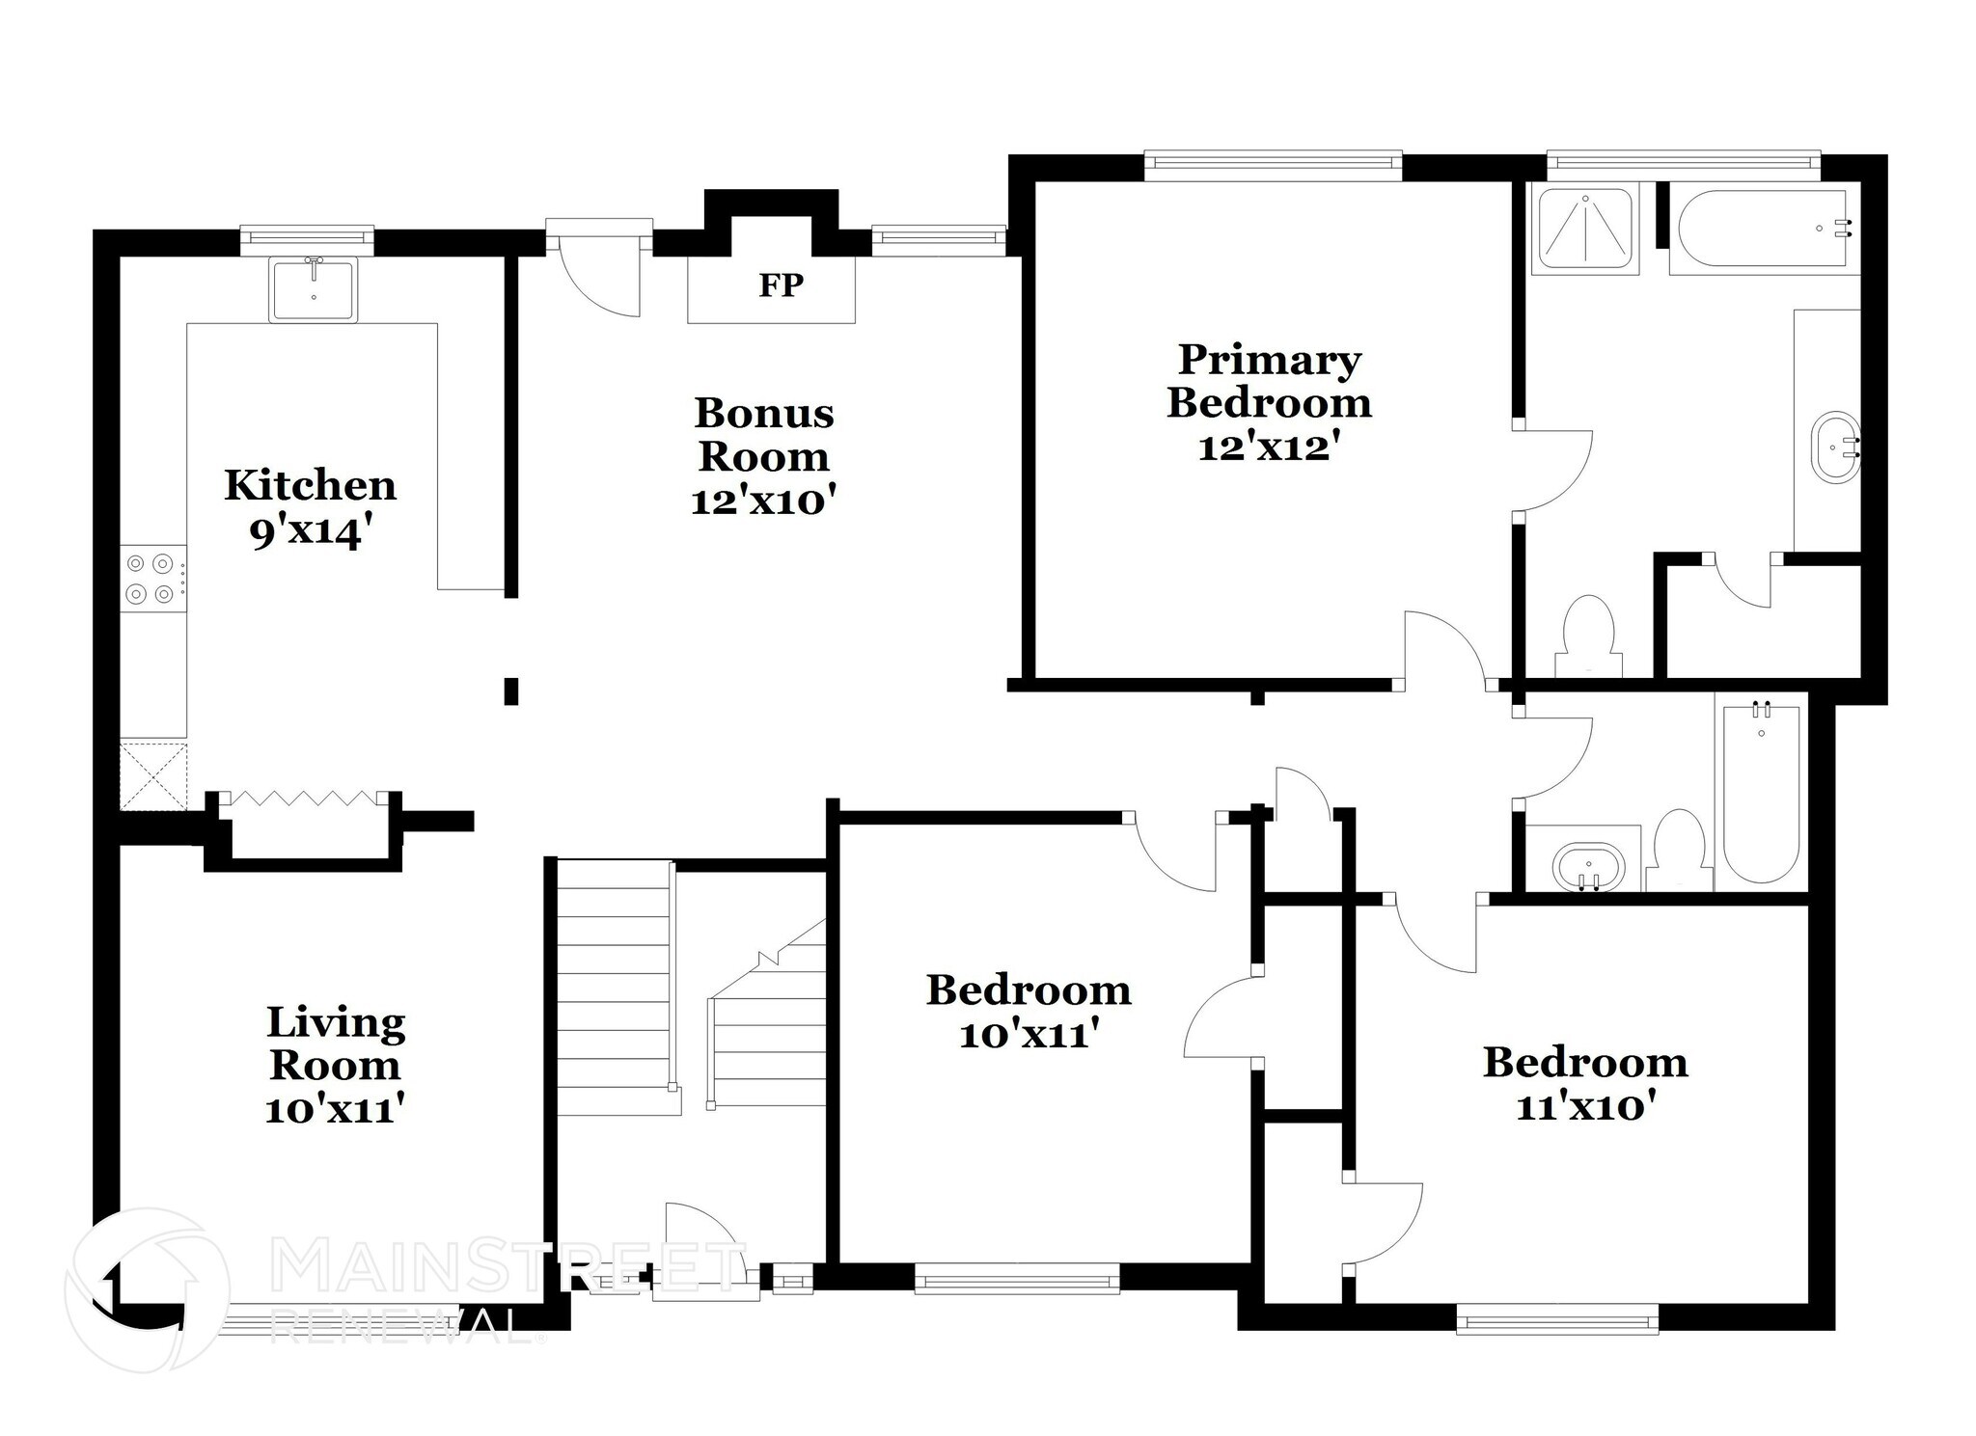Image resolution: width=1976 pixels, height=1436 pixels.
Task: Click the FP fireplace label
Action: [781, 284]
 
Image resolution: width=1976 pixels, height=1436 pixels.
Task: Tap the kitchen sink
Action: [314, 289]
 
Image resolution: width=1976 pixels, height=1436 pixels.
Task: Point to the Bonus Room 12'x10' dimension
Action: [762, 501]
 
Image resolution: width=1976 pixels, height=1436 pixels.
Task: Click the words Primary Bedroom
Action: [1269, 381]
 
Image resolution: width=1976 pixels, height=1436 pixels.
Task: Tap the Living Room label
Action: [335, 1043]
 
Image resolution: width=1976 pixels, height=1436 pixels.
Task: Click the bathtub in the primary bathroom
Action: [1762, 229]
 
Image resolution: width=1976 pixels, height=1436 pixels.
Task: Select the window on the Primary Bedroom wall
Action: [1274, 166]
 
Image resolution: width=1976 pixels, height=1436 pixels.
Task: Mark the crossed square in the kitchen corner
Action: [153, 775]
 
